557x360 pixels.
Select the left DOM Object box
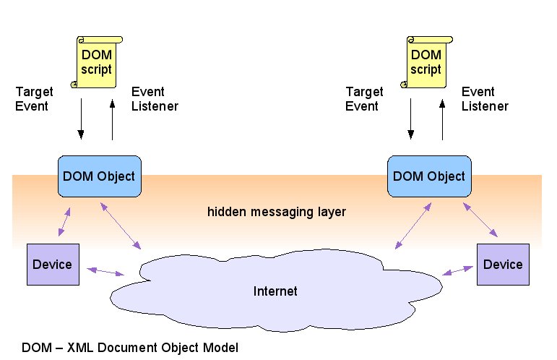click(98, 176)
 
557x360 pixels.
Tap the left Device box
click(52, 264)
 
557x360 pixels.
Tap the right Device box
click(503, 264)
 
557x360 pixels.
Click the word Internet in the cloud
click(275, 292)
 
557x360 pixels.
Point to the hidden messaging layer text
click(277, 213)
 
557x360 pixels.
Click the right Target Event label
click(364, 99)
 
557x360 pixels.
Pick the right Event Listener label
click(485, 99)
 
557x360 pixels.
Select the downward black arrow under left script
click(80, 120)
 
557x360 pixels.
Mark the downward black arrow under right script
click(410, 120)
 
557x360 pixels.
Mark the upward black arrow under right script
click(443, 120)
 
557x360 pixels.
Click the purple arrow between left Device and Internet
click(105, 271)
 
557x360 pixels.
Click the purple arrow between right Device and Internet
click(457, 271)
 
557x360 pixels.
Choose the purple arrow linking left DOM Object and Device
click(64, 222)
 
